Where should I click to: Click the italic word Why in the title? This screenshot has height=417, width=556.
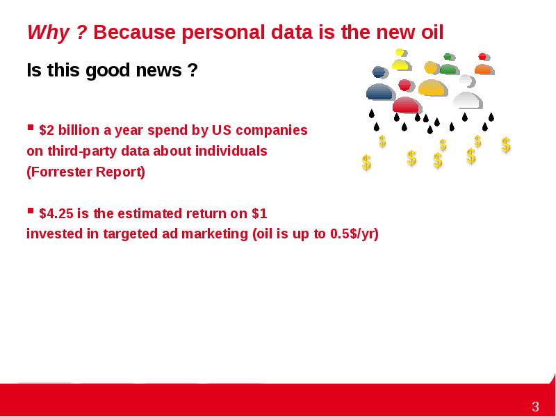coord(48,33)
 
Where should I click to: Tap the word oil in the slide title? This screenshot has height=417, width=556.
coord(432,32)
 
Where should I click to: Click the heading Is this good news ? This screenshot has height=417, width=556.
coord(112,70)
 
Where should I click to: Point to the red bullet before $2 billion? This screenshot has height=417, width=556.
coord(31,127)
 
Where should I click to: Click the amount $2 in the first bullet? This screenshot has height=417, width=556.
coord(47,131)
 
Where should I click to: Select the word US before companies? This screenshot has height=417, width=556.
coord(222,131)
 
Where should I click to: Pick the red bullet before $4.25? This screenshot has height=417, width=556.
coord(31,211)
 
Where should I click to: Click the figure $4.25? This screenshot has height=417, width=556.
coord(56,214)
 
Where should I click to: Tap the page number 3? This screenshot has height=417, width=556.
coord(535,407)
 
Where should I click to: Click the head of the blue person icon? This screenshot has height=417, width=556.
coord(379,72)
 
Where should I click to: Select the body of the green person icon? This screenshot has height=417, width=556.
coord(448,69)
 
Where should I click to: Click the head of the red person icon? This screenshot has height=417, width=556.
coord(404,85)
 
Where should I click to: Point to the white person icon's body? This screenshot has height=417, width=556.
coord(467,100)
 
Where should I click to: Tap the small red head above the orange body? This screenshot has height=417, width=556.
coord(482,56)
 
